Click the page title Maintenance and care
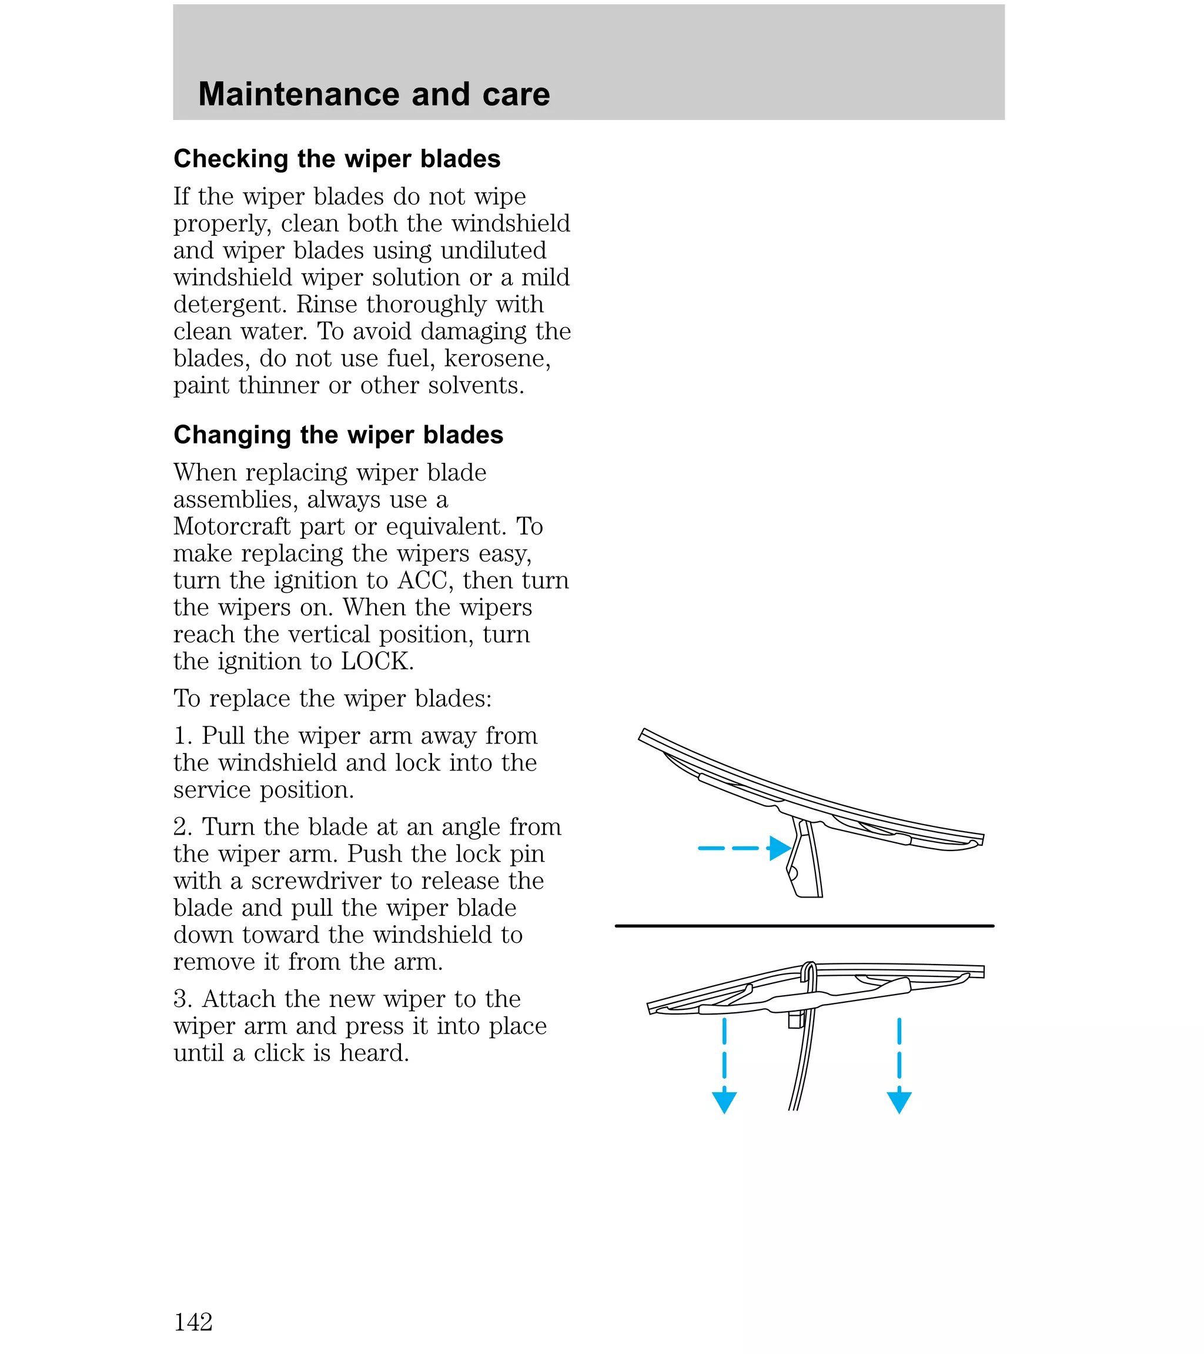pyautogui.click(x=373, y=94)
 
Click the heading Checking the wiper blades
pyautogui.click(x=336, y=159)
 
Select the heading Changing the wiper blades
pyautogui.click(x=338, y=435)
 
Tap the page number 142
pyautogui.click(x=193, y=1322)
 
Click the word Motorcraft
pyautogui.click(x=231, y=526)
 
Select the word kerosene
pyautogui.click(x=497, y=358)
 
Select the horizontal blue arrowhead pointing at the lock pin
pyautogui.click(x=780, y=848)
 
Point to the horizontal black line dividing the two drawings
pyautogui.click(x=804, y=925)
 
